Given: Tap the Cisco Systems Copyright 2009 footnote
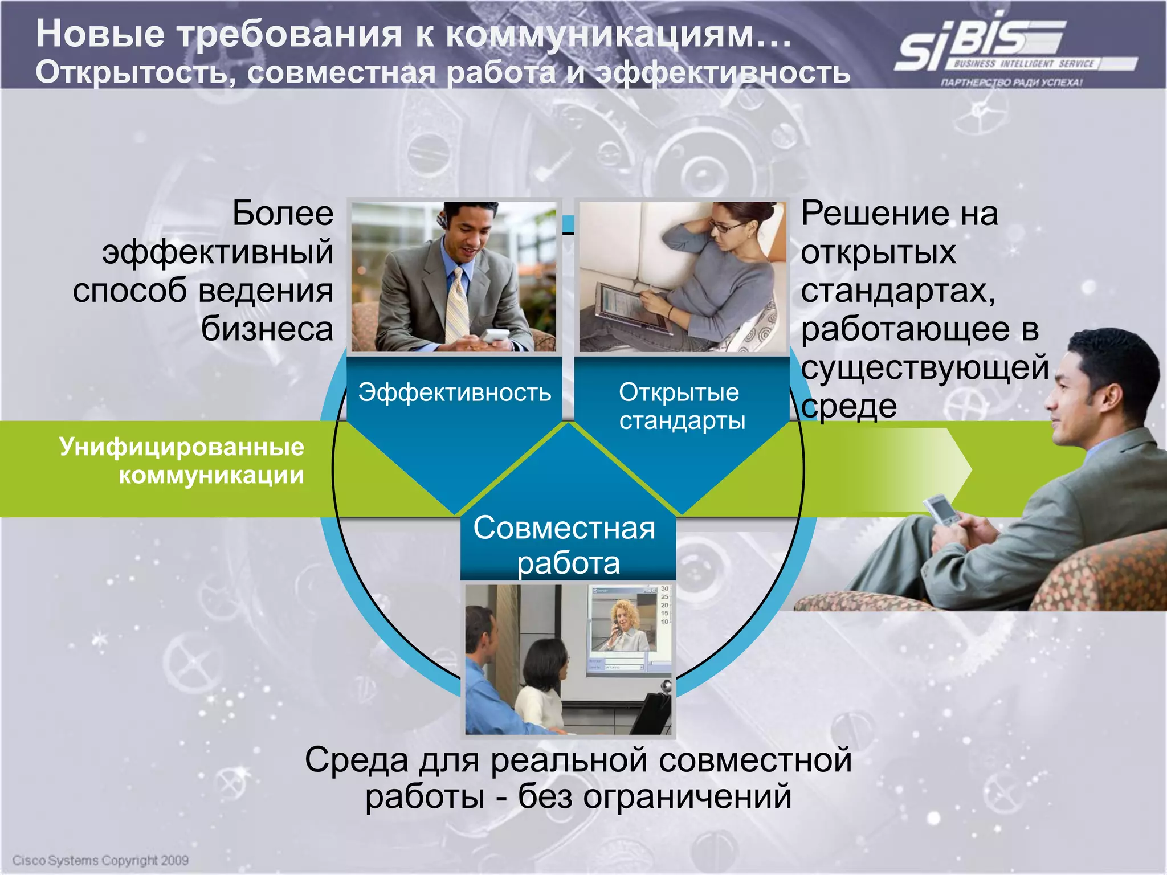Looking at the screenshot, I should [100, 860].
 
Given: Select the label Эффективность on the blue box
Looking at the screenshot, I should [454, 392].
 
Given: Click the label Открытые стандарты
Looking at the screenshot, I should [682, 406].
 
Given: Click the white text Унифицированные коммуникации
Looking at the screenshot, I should [182, 461].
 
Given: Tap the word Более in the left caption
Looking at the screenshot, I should [283, 214].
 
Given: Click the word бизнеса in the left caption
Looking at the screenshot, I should [267, 329].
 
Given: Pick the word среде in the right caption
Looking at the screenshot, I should [848, 407].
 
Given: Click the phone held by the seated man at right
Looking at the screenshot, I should [940, 509].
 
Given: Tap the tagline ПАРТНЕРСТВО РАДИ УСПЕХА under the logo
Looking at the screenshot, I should [1011, 83].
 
